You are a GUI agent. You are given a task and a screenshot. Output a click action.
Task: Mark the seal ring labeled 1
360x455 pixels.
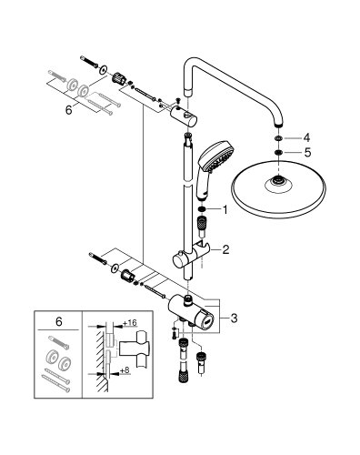200,209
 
